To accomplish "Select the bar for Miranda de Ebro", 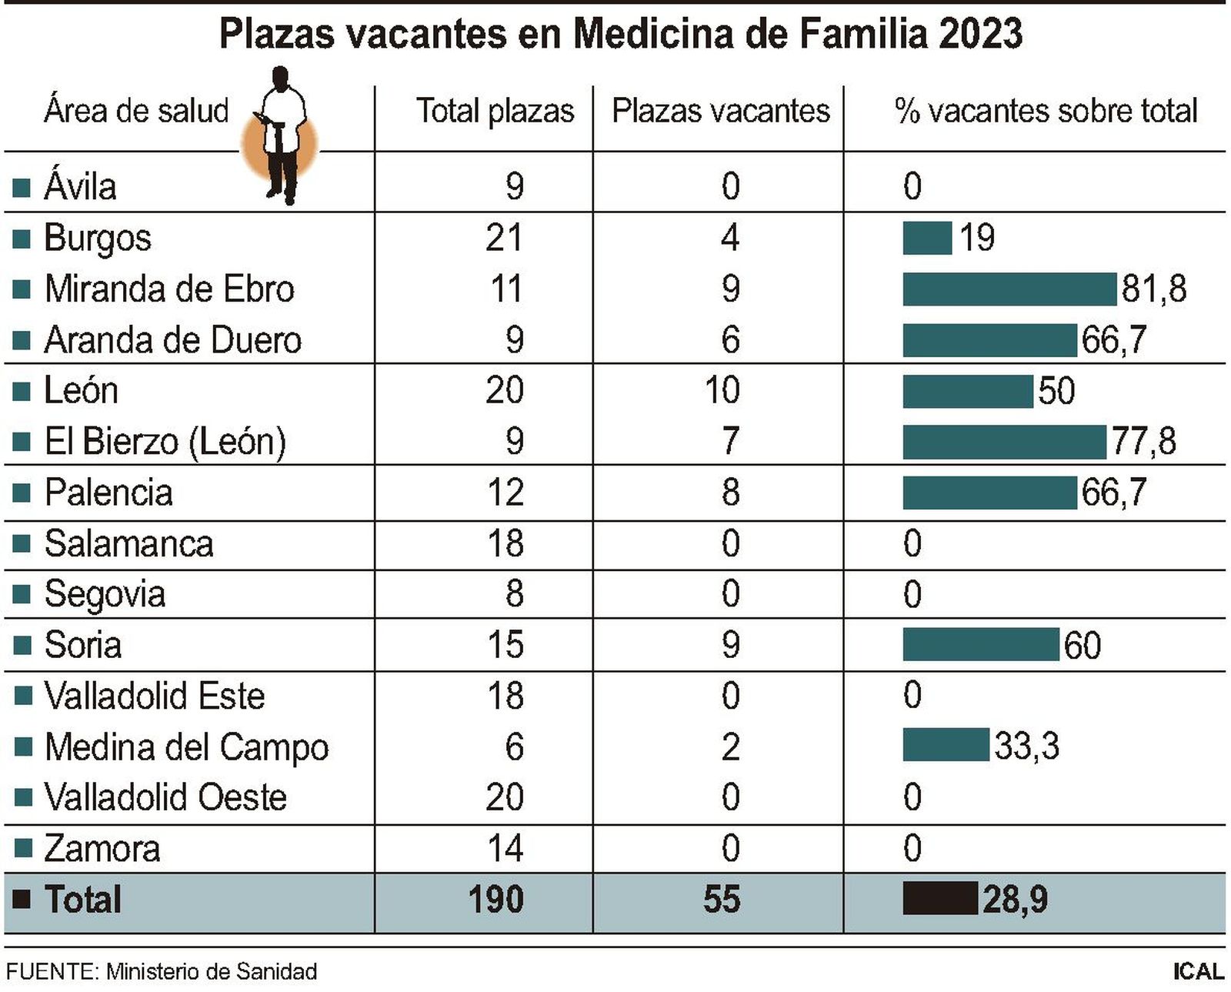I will point(1009,289).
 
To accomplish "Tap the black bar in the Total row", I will point(939,899).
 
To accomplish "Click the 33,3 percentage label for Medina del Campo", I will point(1026,746).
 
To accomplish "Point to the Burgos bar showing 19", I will point(927,238).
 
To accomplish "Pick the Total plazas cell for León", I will point(504,390).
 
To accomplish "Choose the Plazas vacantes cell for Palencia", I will point(730,493).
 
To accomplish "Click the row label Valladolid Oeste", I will point(165,797).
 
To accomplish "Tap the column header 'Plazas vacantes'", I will point(720,112).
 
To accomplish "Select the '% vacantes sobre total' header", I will point(1046,112).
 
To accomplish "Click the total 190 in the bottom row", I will point(495,899).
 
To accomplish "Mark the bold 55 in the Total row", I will point(721,899).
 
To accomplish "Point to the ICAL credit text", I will point(1197,971).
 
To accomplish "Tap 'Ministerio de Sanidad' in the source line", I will point(212,972).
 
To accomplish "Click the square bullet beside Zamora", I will point(23,848).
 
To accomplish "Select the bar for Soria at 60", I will point(980,645).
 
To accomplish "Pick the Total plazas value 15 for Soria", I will point(505,645).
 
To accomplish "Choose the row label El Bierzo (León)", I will point(165,442).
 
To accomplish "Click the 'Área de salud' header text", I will point(136,112).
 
